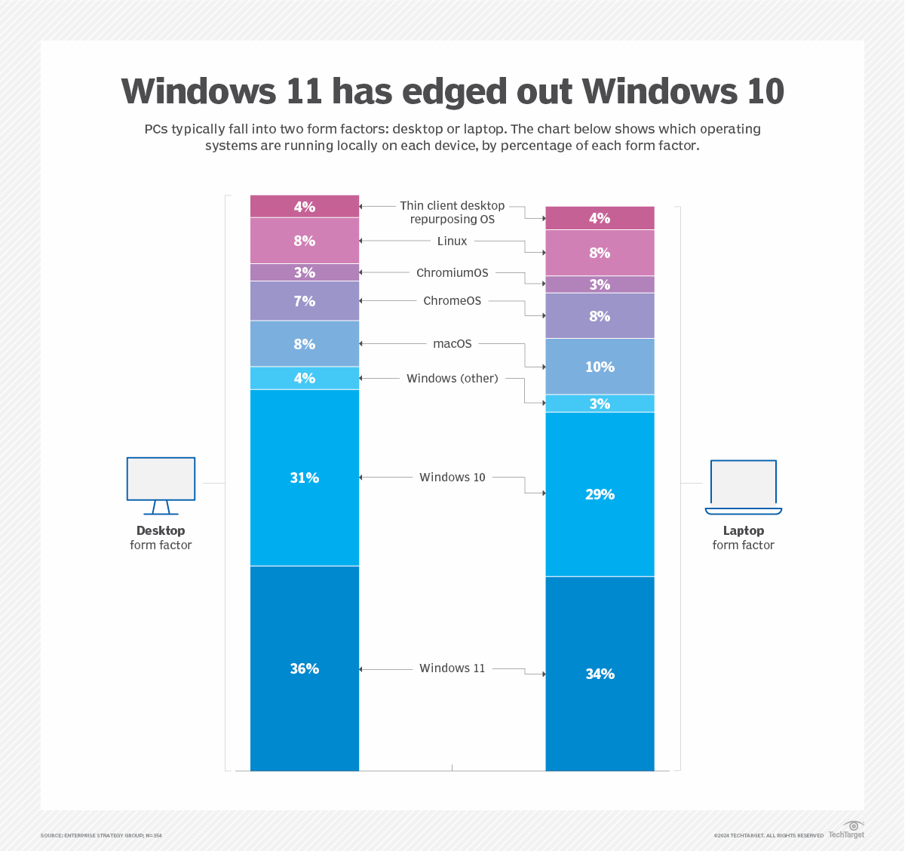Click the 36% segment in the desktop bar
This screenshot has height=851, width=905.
coord(305,668)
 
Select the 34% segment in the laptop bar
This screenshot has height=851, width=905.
coord(600,674)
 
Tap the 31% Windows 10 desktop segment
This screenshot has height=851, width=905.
coord(305,478)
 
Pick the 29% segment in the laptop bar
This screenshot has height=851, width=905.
coord(600,494)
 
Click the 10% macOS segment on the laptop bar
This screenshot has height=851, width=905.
coord(600,367)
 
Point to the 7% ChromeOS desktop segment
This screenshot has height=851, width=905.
coord(305,301)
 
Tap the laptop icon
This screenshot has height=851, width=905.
coord(744,487)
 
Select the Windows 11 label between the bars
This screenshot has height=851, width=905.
coord(452,668)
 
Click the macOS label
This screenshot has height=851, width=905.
coord(452,343)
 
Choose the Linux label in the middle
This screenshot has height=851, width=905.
coord(452,241)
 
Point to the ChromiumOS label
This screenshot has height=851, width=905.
coord(452,272)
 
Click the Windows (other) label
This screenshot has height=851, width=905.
coord(452,378)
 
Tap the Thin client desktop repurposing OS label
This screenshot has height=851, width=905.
coord(452,212)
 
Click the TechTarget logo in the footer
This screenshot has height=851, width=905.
coord(847,830)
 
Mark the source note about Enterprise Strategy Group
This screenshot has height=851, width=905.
coord(101,835)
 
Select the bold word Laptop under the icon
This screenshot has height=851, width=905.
coord(744,530)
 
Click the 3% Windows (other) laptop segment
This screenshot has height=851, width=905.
coord(600,404)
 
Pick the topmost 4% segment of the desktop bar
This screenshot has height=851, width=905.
coord(305,206)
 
